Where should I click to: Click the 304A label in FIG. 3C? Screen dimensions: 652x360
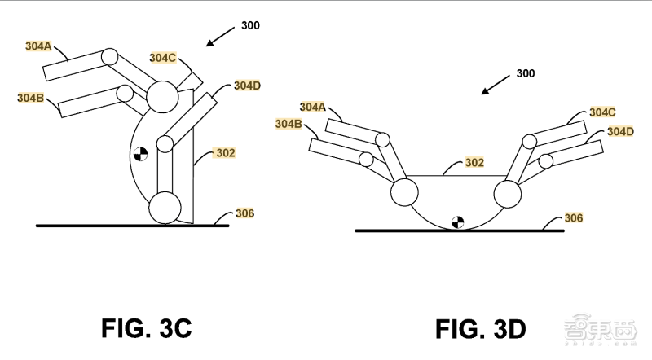[38, 46]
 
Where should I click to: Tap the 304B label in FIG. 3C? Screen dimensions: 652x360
[30, 98]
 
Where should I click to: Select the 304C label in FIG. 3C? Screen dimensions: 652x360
[162, 58]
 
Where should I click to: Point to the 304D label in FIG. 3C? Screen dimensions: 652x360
[247, 86]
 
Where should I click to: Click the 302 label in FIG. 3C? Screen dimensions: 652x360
[226, 153]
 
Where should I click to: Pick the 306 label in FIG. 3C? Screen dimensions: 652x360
[245, 213]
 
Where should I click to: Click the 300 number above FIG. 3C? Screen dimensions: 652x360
[250, 25]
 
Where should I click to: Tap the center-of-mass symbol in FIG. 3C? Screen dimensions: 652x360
[140, 154]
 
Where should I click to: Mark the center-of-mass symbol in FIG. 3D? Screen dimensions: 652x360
[457, 222]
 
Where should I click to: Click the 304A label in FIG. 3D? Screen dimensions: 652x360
[313, 108]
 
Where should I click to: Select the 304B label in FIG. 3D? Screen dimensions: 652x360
[289, 124]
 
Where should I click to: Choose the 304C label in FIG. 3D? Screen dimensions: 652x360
[602, 112]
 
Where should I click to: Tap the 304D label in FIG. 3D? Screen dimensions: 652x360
[620, 132]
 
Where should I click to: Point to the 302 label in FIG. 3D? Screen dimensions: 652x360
[474, 162]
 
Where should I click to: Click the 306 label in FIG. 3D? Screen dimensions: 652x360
[574, 217]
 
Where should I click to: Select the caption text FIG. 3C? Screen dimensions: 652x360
[147, 328]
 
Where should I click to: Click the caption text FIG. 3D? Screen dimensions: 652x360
[481, 329]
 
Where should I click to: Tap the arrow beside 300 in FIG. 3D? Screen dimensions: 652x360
[496, 85]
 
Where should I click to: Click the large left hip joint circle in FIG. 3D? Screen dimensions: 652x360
[404, 192]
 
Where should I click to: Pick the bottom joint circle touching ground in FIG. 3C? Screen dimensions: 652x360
[165, 208]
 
